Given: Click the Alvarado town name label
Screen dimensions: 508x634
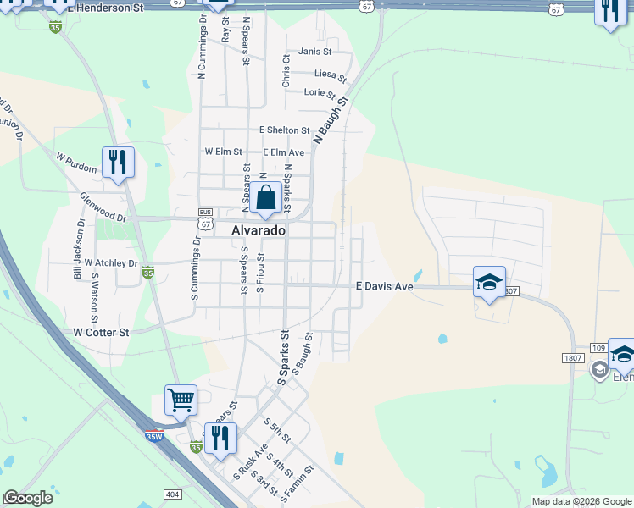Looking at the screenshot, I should click(x=259, y=230).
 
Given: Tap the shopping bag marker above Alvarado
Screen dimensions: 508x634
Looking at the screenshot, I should click(x=265, y=198).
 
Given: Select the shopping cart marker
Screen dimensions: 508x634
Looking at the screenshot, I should click(x=181, y=400).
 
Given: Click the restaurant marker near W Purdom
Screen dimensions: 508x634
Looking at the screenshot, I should click(x=118, y=162).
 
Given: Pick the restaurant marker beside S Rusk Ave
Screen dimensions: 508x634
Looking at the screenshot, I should click(x=220, y=439).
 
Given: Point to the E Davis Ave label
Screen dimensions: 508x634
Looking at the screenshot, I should click(x=384, y=287).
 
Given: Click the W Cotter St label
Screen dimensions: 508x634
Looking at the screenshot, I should click(x=101, y=333).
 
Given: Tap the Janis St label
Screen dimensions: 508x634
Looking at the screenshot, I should click(x=314, y=52).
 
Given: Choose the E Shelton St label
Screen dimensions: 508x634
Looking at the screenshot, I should click(x=285, y=130).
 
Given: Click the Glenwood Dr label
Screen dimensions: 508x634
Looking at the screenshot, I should click(x=103, y=207).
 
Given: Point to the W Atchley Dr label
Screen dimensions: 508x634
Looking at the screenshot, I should click(x=110, y=263).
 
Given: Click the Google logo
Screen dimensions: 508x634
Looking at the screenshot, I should click(x=28, y=498).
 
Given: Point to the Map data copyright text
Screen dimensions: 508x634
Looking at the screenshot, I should click(x=581, y=501).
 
